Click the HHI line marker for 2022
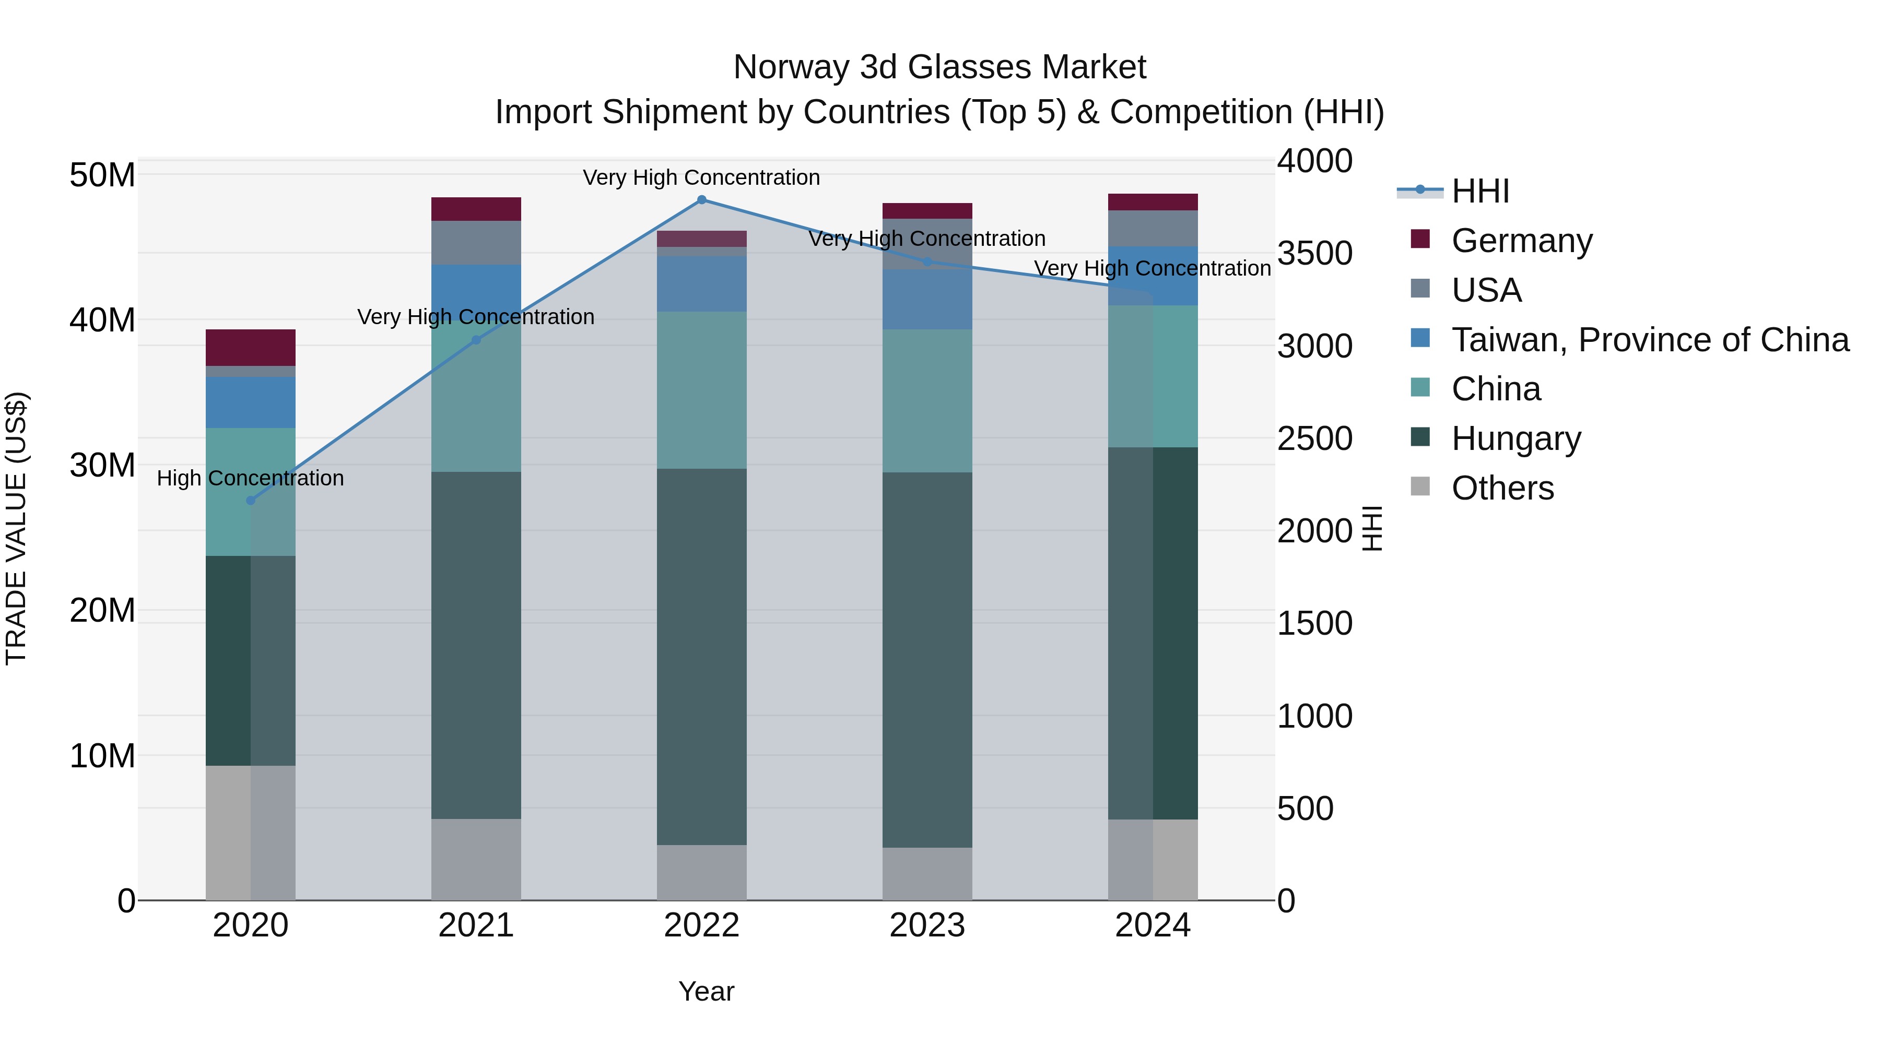tap(701, 200)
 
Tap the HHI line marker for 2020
tap(250, 501)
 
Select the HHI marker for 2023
tap(927, 261)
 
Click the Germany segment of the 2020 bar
tap(250, 347)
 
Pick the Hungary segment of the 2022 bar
tap(701, 657)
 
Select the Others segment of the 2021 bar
tap(476, 859)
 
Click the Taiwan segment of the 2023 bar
tap(927, 299)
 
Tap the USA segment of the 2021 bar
tap(476, 242)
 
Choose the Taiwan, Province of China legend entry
tap(1649, 340)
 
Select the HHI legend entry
tap(1479, 191)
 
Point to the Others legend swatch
tap(1420, 486)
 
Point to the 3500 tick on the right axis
tap(1314, 253)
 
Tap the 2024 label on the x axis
tap(1153, 925)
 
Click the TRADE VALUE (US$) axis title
tap(16, 528)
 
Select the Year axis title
tap(706, 991)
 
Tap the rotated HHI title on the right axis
tap(1372, 528)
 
